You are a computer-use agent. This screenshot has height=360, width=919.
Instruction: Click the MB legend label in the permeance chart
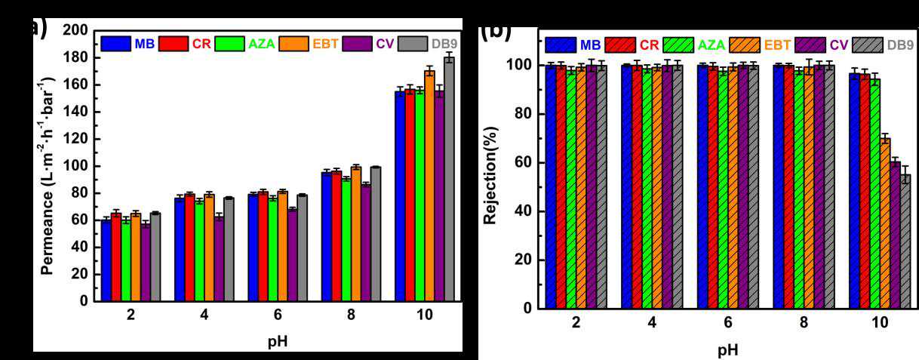[x=145, y=44]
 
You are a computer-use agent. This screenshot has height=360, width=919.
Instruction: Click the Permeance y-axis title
[x=47, y=168]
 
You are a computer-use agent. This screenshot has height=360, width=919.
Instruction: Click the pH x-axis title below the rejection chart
[x=727, y=350]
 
